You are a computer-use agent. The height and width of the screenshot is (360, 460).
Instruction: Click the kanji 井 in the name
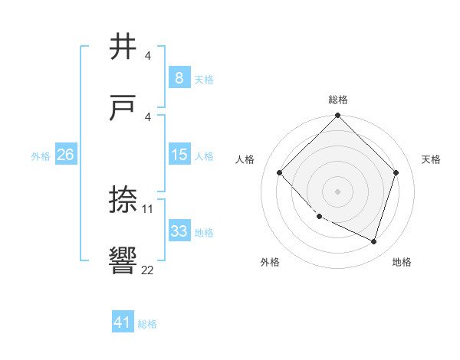point(124,47)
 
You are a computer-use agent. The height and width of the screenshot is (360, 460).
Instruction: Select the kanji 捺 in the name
point(124,201)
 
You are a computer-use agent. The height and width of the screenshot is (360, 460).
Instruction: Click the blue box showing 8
point(179,77)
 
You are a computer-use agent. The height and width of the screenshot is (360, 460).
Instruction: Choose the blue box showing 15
point(179,155)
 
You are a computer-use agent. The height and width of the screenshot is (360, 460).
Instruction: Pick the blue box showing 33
point(179,231)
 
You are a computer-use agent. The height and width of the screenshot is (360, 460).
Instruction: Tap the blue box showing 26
point(65,155)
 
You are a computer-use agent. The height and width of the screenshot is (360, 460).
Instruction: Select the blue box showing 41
point(123,322)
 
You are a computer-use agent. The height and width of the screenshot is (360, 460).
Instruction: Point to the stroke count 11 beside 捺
point(148,208)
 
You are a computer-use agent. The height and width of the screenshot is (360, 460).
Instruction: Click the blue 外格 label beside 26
point(41,155)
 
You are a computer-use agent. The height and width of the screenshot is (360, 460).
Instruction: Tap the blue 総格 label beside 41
point(147,324)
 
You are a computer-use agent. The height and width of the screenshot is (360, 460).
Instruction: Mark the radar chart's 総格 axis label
point(338,100)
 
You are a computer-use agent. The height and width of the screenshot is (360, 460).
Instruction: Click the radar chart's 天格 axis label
point(431,159)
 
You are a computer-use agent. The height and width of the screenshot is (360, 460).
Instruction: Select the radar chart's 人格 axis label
point(245,159)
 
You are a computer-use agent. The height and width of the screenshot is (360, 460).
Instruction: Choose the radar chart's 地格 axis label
point(402,262)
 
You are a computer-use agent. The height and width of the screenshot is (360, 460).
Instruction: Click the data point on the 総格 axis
point(338,117)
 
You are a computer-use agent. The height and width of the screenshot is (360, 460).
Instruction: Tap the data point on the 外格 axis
point(320,217)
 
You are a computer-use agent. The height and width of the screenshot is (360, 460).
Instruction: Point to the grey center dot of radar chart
point(338,191)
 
